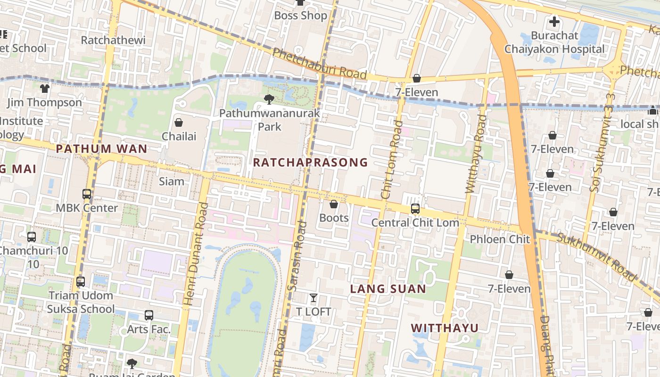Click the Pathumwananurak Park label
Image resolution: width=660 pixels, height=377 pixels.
pyautogui.click(x=270, y=120)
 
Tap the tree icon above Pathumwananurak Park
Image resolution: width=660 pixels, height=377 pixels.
pyautogui.click(x=269, y=99)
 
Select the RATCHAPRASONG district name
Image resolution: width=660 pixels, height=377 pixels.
pyautogui.click(x=310, y=163)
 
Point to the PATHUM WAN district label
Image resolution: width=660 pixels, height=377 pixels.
pyautogui.click(x=101, y=149)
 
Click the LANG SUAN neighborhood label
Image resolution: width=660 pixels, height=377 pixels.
pyautogui.click(x=388, y=289)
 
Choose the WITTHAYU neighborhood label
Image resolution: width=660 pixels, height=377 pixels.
pyautogui.click(x=445, y=328)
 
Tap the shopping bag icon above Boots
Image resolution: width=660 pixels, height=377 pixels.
pyautogui.click(x=334, y=205)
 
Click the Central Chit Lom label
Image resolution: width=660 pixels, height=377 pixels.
pyautogui.click(x=415, y=222)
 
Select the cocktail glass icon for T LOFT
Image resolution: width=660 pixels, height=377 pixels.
pyautogui.click(x=313, y=298)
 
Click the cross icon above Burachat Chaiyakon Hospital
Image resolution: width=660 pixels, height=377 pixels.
pyautogui.click(x=554, y=22)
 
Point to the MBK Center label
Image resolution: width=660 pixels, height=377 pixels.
pyautogui.click(x=87, y=208)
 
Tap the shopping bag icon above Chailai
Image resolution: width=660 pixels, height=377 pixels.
pyautogui.click(x=179, y=123)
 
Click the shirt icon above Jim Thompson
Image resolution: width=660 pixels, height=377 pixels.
pyautogui.click(x=45, y=89)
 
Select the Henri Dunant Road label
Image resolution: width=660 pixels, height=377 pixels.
pyautogui.click(x=195, y=254)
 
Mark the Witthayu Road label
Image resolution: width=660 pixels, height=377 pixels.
pyautogui.click(x=475, y=154)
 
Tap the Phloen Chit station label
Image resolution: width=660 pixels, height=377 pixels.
pyautogui.click(x=500, y=239)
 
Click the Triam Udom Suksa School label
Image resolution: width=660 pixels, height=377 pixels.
pyautogui.click(x=81, y=302)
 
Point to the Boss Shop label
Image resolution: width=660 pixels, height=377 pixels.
pyautogui.click(x=300, y=16)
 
